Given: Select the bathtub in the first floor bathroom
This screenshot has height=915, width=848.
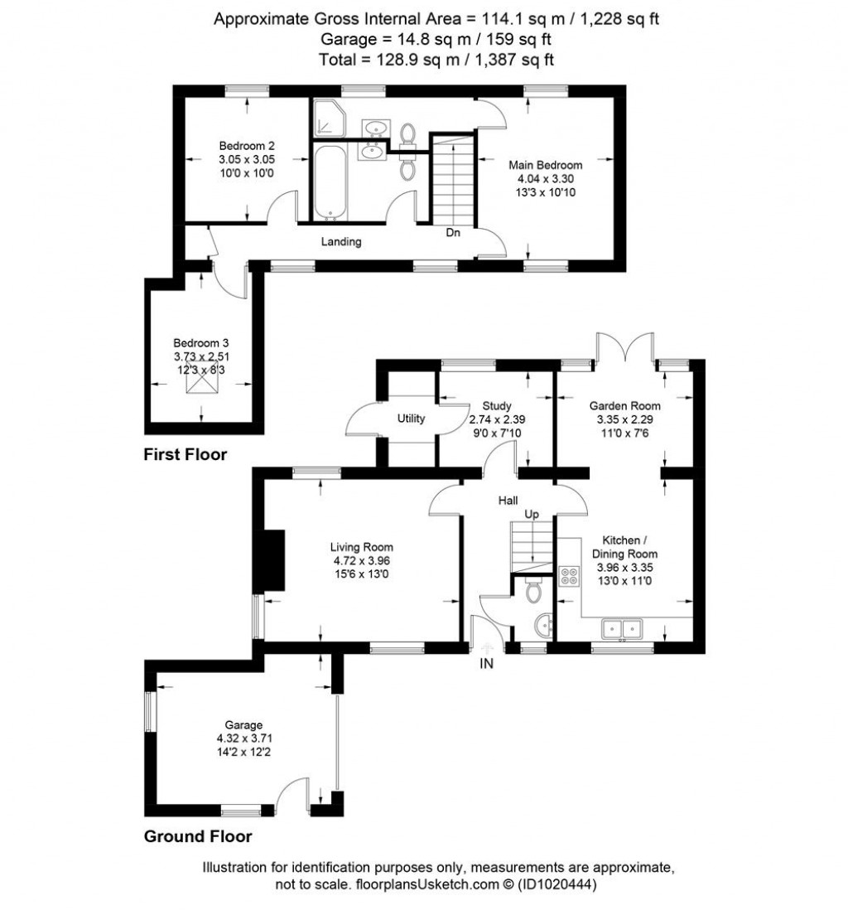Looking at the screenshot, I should (x=330, y=182).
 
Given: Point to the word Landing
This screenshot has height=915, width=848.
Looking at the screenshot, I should (x=341, y=242).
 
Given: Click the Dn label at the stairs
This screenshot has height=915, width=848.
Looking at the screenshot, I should (x=453, y=233).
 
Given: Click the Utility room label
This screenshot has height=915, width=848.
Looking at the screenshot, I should (x=411, y=419).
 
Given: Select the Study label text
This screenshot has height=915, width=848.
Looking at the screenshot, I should (x=497, y=406).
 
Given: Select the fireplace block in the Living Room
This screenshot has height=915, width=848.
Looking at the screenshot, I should (x=272, y=559).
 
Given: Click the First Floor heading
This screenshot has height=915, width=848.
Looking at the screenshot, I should (x=185, y=454).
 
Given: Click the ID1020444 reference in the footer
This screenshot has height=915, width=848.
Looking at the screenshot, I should (x=556, y=884).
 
